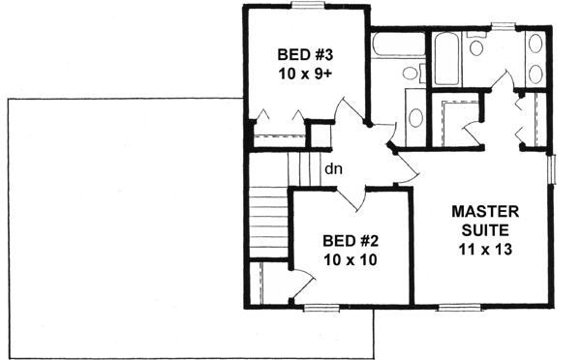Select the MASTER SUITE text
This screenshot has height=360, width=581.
486,220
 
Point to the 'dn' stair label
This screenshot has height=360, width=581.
333,169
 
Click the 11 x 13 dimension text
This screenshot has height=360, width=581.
485,249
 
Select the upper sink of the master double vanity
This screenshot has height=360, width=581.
535,44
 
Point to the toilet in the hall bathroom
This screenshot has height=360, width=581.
410,75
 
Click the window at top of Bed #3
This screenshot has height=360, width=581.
308,7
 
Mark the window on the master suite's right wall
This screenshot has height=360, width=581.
552,168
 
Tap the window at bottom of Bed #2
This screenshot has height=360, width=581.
321,307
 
